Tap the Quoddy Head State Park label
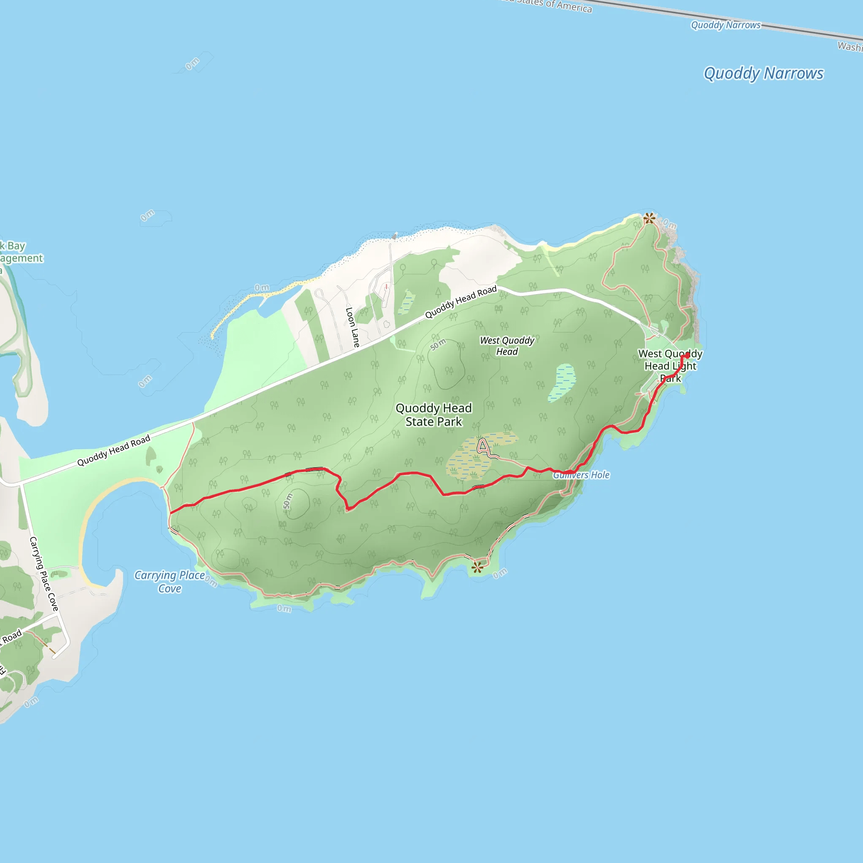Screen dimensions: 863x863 433,415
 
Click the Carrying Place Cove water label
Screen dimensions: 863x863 170,582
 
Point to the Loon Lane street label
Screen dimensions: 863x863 353,327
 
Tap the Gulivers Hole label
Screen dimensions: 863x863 581,475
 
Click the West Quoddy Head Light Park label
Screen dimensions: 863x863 670,366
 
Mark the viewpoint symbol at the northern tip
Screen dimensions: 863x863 649,218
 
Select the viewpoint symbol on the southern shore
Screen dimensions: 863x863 477,567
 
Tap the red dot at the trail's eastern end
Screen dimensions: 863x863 687,355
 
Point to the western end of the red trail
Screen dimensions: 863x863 170,513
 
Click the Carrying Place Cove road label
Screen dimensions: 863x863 44,574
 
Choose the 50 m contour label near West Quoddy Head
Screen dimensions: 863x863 438,344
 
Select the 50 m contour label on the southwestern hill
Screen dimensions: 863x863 288,501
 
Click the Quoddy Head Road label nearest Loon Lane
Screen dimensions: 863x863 461,302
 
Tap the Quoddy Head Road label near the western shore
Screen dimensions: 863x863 113,451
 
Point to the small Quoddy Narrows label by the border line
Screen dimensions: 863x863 726,25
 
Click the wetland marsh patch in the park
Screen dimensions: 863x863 469,460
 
